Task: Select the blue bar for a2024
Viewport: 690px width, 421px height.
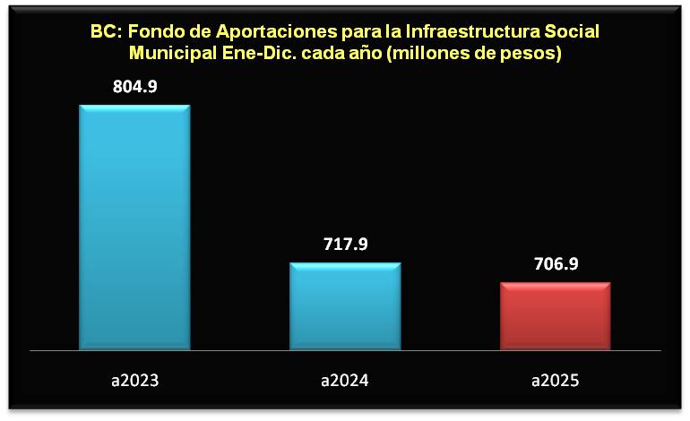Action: pos(345,305)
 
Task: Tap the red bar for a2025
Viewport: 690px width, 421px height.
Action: pos(555,315)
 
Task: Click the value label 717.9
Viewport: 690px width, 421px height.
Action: pos(345,245)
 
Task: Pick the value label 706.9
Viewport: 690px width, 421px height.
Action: pos(555,264)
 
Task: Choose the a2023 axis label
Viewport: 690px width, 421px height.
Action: pos(134,381)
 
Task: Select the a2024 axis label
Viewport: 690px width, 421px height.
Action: pos(345,381)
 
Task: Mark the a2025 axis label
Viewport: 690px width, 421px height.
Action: pos(555,381)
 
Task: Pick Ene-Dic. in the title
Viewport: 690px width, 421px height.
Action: pos(252,54)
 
